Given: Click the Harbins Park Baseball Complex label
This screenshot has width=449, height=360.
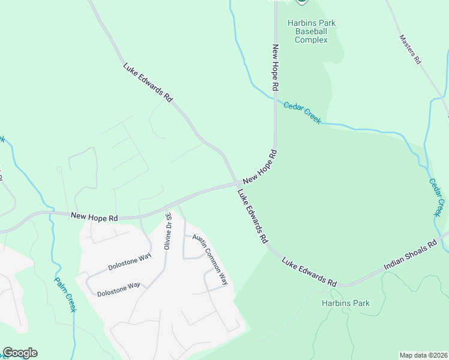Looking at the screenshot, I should [x=311, y=32].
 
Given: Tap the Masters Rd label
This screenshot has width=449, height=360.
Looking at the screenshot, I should [x=411, y=49].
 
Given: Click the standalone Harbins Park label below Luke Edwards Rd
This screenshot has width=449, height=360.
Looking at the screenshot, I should [x=345, y=303].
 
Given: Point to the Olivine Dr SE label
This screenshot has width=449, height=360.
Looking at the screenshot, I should [x=169, y=231].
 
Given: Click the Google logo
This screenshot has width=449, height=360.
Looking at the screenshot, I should [x=20, y=353].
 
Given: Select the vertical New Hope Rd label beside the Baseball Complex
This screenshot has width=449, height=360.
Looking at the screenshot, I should [x=276, y=67].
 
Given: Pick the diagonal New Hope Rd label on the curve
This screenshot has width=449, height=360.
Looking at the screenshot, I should [x=259, y=167].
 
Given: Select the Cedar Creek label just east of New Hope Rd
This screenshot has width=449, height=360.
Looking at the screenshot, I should [x=302, y=112].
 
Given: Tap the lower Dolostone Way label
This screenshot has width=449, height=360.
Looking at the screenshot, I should [x=118, y=289].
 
